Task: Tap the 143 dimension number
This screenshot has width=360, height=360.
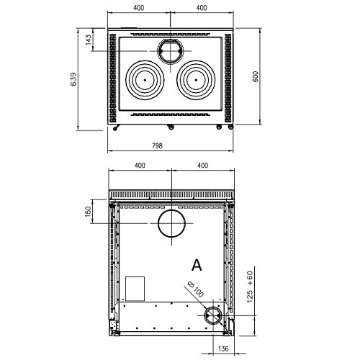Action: coord(89,40)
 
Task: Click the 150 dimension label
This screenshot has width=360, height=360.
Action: coord(89,212)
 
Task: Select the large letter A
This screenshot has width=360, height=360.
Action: coord(197,264)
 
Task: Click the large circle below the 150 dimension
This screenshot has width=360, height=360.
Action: coord(172,223)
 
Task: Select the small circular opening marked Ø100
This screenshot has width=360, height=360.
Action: coord(213,315)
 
